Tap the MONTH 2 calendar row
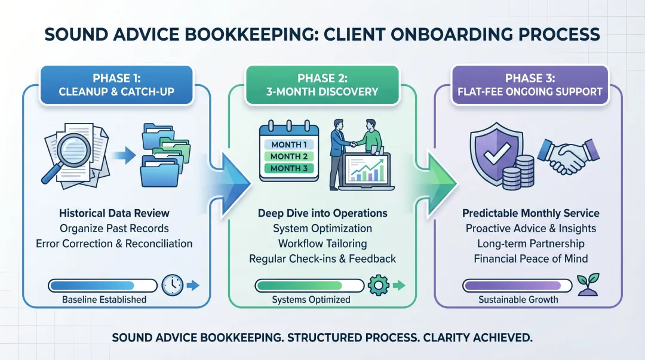coord(289,156)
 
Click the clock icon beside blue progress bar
coord(173,285)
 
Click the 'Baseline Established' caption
coord(104,300)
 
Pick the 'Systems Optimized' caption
coord(311,300)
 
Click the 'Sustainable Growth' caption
coord(518,300)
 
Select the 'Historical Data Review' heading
coord(114,213)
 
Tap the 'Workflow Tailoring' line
coord(322,244)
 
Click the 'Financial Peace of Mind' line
coord(531,259)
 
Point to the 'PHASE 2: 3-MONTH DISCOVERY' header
coord(322,85)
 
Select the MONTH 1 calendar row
coord(289,144)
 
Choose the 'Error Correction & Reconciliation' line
coord(114,244)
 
